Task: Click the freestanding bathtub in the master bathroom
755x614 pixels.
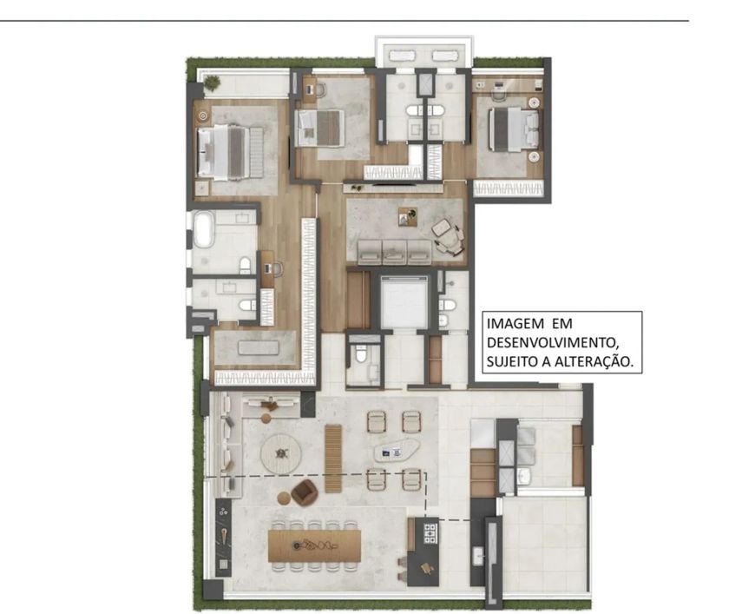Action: pyautogui.click(x=204, y=229)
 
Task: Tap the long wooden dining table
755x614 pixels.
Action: pyautogui.click(x=314, y=545)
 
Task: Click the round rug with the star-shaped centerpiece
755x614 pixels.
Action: pyautogui.click(x=280, y=454)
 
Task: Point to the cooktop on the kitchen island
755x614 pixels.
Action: pyautogui.click(x=430, y=532)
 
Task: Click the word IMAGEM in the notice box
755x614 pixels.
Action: pyautogui.click(x=515, y=324)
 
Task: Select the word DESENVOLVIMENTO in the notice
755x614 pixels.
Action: pyautogui.click(x=552, y=342)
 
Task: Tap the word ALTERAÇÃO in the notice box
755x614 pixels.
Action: pyautogui.click(x=594, y=361)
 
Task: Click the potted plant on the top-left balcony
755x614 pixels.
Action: pyautogui.click(x=212, y=83)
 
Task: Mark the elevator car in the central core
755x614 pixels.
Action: pyautogui.click(x=404, y=301)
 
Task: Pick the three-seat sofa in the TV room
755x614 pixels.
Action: pyautogui.click(x=394, y=252)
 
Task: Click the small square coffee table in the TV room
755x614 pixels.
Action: pyautogui.click(x=408, y=216)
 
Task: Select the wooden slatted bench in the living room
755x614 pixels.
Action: pyautogui.click(x=332, y=458)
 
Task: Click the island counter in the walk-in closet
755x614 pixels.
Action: pyautogui.click(x=258, y=347)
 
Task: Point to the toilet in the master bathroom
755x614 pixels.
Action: pyautogui.click(x=245, y=265)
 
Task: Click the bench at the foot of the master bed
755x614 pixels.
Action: pyautogui.click(x=256, y=152)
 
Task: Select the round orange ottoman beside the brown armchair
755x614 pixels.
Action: pyautogui.click(x=284, y=498)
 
